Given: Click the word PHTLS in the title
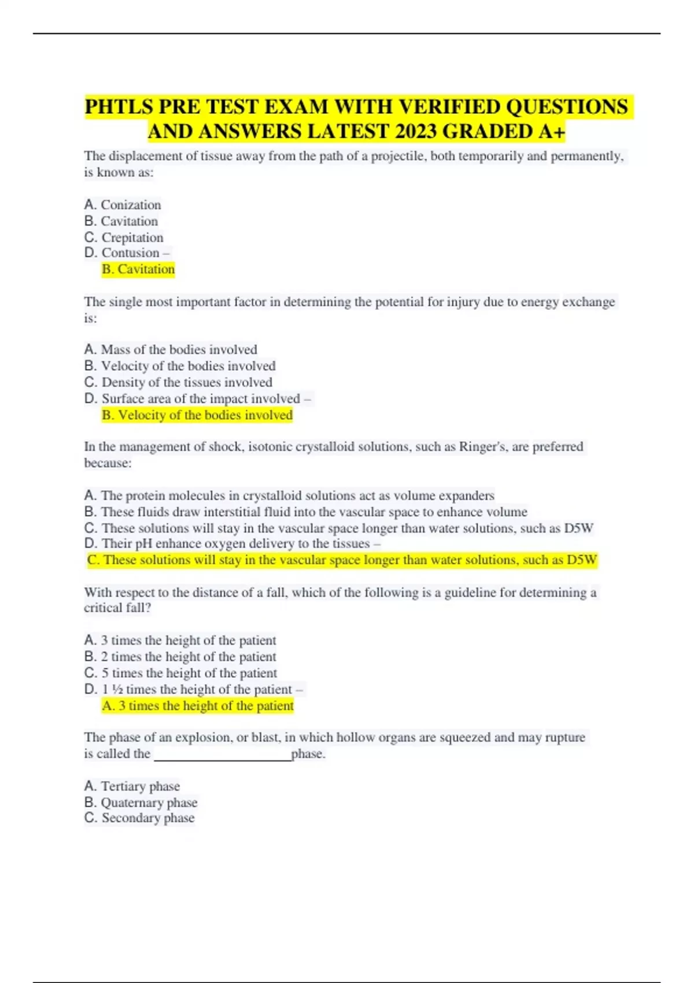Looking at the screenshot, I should coord(119,108).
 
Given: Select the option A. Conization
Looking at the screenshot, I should coord(123,205).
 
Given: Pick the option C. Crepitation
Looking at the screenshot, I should coord(124,237).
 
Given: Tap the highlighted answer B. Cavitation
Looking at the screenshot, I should coord(138,269).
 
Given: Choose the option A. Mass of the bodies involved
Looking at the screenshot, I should coord(171,350).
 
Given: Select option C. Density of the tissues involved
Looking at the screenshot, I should coord(178,382).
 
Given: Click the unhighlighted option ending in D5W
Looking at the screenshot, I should coord(339,528).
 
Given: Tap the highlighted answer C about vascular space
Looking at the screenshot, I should coord(342,560).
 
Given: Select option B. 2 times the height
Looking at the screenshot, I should coord(180,657).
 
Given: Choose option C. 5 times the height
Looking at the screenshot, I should coord(180,673).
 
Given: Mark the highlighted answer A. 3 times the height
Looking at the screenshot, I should coord(198,706).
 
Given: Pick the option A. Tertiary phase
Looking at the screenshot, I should coord(132,786).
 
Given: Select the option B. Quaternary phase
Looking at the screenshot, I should coord(141,803).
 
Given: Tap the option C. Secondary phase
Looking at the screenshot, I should coord(139,818).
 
